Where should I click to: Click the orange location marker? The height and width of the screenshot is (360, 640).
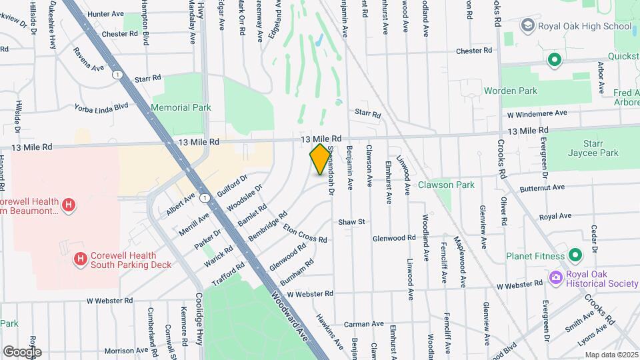(x=320, y=159)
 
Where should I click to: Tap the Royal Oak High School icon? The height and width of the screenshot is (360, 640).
(x=528, y=25)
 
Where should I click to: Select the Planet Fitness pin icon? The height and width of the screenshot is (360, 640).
(x=575, y=255)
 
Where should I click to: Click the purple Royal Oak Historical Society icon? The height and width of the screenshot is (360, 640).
(x=555, y=277)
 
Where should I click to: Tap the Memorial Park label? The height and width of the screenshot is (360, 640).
(x=181, y=107)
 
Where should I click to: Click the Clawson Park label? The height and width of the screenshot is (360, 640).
(x=446, y=185)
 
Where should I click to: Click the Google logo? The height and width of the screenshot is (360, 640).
(x=22, y=351)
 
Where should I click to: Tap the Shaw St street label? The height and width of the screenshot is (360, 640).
(x=352, y=221)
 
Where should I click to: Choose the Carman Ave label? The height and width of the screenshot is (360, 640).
(x=364, y=324)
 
